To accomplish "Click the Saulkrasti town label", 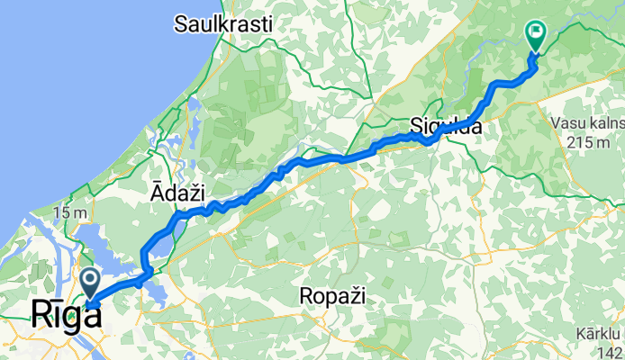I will [223, 24].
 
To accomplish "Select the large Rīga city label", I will [66, 314].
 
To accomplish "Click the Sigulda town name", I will [446, 127].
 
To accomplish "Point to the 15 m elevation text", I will [67, 213].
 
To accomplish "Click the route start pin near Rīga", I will [92, 281].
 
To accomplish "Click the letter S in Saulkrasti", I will [181, 24].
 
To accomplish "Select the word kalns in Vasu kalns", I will [603, 119].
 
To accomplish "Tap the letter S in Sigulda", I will [416, 127].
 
